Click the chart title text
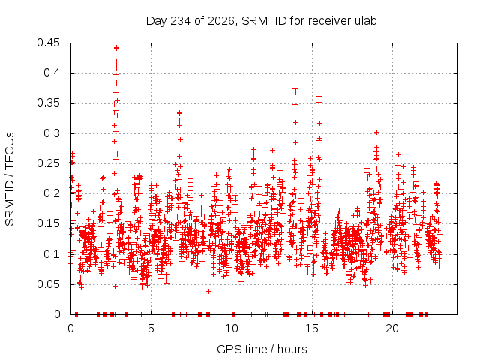click(261, 21)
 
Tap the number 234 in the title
click(181, 21)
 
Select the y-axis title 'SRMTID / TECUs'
click(10, 179)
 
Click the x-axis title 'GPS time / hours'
click(262, 349)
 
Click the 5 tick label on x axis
click(151, 328)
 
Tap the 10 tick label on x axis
click(232, 328)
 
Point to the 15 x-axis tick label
click(312, 328)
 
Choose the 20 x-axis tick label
click(392, 328)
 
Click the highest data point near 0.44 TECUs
click(116, 48)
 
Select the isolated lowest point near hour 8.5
click(208, 292)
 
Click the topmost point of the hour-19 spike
click(376, 132)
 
